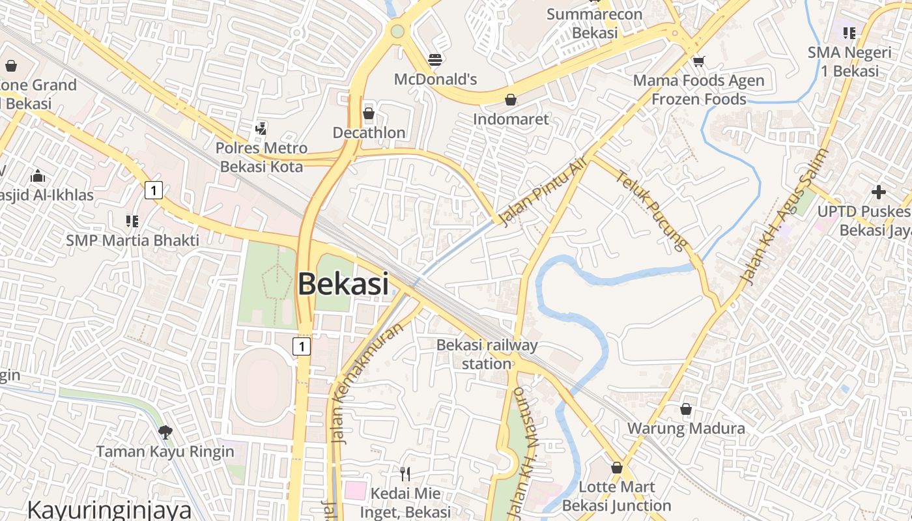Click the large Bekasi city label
tap(343, 284)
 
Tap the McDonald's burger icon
tap(435, 60)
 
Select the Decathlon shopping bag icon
tap(369, 113)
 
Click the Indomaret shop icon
tap(511, 100)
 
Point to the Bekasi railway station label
tap(487, 354)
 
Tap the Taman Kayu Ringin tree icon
tap(165, 432)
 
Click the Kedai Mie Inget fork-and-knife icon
tap(405, 473)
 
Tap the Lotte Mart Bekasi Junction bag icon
tap(616, 468)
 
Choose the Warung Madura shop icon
tap(685, 409)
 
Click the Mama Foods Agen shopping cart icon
tap(699, 61)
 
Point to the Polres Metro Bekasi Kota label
tap(261, 157)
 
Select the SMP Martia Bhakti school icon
tap(132, 221)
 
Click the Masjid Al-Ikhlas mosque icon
tap(38, 176)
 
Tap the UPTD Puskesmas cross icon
tap(878, 192)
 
